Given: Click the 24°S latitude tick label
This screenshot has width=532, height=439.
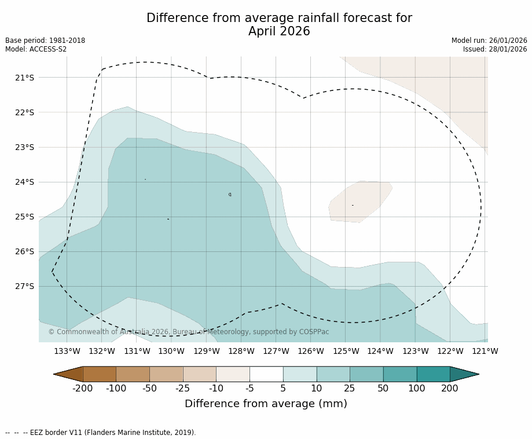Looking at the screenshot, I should [x=25, y=182].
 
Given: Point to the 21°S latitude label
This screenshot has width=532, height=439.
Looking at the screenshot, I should [x=25, y=78].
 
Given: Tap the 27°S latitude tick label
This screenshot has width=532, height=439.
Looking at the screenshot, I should [x=25, y=286].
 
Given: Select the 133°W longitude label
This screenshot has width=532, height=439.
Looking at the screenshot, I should [x=67, y=351].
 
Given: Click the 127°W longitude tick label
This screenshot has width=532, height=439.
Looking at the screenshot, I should [x=276, y=351].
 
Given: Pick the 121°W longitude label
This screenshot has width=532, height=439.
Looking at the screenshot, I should [x=485, y=351].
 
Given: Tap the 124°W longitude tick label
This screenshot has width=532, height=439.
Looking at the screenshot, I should [x=380, y=351].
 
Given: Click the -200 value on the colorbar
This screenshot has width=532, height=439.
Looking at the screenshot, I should [x=83, y=388].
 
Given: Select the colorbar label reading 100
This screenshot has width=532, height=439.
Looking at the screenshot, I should [x=416, y=388].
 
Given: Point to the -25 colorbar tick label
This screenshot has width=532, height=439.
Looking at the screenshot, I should [x=183, y=388].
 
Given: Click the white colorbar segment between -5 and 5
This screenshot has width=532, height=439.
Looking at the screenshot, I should [x=266, y=374].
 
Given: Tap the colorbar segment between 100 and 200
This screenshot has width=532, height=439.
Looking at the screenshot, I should [x=433, y=374].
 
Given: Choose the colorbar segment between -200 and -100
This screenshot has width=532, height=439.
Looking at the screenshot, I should [x=100, y=374].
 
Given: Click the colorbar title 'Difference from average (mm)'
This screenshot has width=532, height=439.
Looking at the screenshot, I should [x=266, y=404].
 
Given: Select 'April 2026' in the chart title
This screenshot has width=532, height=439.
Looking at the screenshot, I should [x=279, y=32].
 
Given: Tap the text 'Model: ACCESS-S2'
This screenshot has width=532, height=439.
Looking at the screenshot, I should [x=36, y=49].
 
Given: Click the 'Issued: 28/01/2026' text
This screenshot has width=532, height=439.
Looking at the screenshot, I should [x=495, y=49].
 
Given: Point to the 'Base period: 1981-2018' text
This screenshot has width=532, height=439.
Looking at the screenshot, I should [x=45, y=41].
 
